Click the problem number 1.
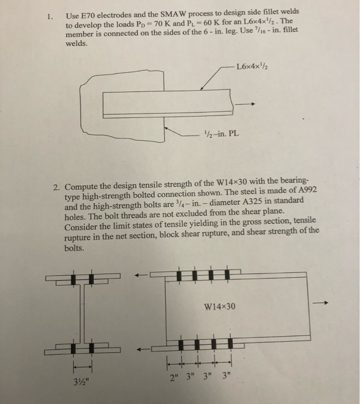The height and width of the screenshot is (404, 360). tap(50, 17)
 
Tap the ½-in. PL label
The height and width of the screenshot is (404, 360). tap(222, 136)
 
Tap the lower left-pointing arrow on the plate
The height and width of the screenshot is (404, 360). tap(143, 349)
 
